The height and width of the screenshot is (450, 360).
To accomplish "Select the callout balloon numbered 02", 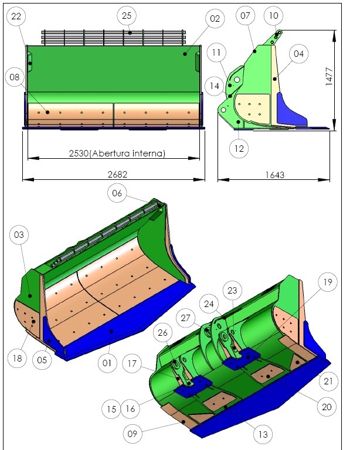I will click(x=215, y=19).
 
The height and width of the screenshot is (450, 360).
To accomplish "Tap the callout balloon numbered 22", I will click(x=16, y=18).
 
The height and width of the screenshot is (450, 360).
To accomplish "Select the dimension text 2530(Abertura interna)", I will click(x=116, y=154).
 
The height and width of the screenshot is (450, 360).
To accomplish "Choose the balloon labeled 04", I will click(x=299, y=54).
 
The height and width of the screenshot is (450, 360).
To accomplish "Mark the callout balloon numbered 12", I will click(x=239, y=148).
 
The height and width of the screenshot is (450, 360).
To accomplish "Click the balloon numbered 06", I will click(x=117, y=193).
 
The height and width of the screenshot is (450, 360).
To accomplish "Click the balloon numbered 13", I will click(x=263, y=434).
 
